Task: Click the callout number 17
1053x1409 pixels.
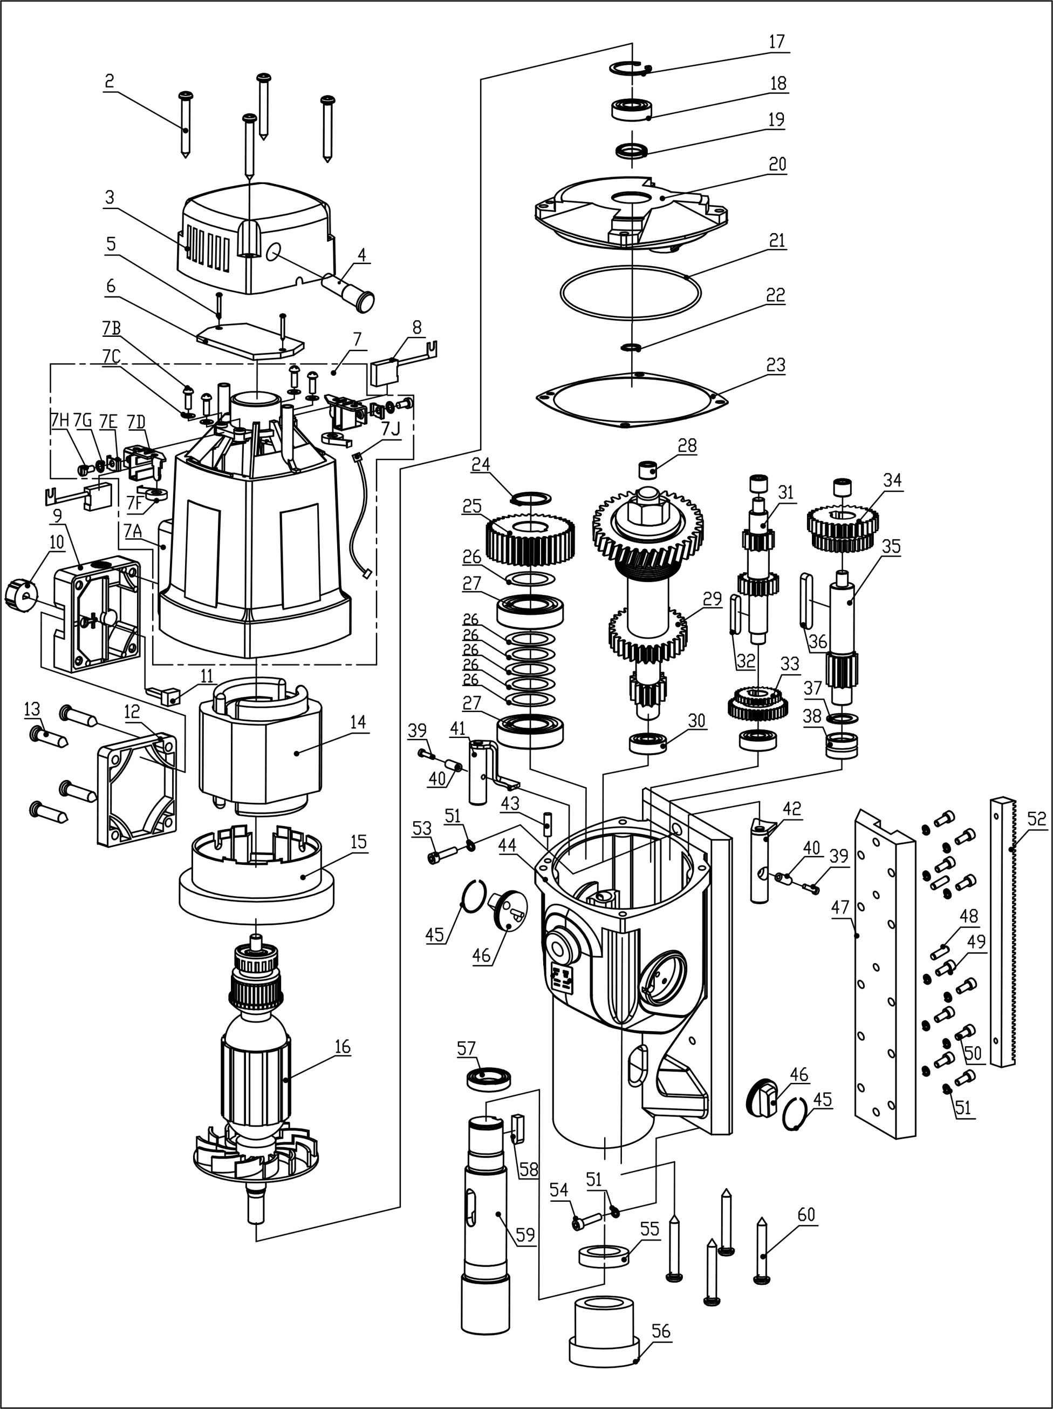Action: pyautogui.click(x=776, y=42)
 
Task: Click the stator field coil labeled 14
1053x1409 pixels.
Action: pyautogui.click(x=261, y=751)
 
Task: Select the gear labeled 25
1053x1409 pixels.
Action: pyautogui.click(x=530, y=540)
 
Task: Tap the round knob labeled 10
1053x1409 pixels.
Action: pyautogui.click(x=18, y=594)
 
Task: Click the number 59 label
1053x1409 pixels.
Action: pyautogui.click(x=526, y=1236)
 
